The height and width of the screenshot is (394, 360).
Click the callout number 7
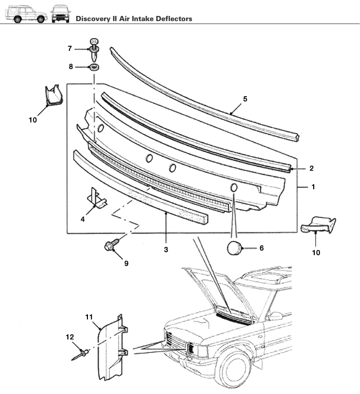tap(70, 48)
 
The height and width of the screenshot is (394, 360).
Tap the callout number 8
tap(71, 66)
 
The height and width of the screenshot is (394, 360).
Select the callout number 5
tap(245, 98)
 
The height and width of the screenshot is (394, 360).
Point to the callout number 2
tap(312, 168)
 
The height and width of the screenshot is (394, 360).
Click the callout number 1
tap(314, 187)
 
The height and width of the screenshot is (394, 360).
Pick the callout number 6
tap(261, 248)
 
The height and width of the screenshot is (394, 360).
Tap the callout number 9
tap(126, 263)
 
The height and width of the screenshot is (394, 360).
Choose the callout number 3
tap(166, 249)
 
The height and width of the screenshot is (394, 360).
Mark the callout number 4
tap(83, 219)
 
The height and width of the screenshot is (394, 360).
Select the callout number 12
tap(70, 337)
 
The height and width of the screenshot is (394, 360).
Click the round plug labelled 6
tap(235, 247)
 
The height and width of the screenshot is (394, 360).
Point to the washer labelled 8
tap(94, 67)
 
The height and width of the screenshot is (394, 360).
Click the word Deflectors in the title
tap(172, 19)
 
